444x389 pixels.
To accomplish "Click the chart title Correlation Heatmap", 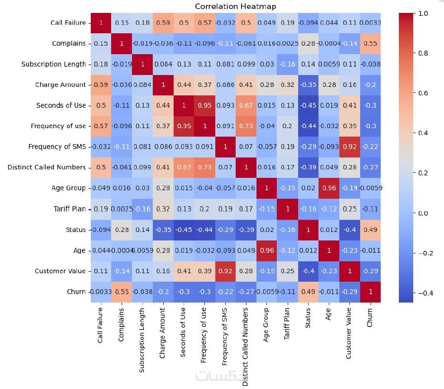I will point(235,6).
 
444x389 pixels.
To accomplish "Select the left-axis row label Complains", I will point(68,43).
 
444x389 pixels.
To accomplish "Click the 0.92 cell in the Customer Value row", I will point(225,271).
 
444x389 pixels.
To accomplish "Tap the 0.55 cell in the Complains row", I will point(370,43).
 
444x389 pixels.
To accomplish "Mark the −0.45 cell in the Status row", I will point(184,230).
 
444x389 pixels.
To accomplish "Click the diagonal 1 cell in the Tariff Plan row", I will point(287,209).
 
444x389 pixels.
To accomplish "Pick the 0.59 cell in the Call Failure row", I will point(163,22).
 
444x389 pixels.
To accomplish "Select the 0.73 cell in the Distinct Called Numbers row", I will point(204,167).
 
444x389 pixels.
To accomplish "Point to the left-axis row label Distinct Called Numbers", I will point(47,167).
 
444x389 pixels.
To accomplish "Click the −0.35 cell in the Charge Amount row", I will point(308,84).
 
